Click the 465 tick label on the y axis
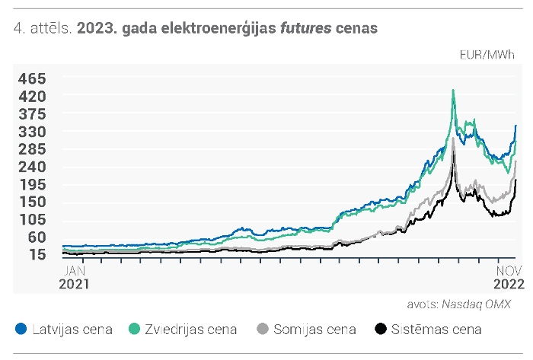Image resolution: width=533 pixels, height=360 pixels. (32, 79)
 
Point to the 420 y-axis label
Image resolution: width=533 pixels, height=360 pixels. (32, 97)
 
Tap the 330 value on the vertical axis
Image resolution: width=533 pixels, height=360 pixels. (32, 132)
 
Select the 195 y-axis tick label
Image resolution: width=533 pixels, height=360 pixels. (33, 185)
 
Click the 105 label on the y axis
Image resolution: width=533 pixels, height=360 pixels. (33, 220)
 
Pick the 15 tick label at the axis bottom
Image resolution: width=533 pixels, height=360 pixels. (37, 254)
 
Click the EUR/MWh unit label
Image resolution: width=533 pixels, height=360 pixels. (487, 55)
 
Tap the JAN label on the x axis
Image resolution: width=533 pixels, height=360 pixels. (75, 271)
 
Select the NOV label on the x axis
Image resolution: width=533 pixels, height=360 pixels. (509, 271)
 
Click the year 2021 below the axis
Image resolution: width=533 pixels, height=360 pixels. (74, 284)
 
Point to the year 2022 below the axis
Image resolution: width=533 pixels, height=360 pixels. (509, 284)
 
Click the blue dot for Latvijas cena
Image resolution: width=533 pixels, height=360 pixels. (21, 329)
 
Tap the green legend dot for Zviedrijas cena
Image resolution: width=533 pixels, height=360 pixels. (134, 329)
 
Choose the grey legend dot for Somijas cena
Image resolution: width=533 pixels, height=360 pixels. (263, 329)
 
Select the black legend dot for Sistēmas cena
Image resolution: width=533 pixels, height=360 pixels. (381, 329)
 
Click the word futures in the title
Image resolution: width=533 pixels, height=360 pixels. (305, 28)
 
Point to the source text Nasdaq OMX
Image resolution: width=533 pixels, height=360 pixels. (476, 304)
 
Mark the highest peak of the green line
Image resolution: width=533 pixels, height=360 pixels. (453, 90)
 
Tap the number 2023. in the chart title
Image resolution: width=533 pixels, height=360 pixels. (97, 28)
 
